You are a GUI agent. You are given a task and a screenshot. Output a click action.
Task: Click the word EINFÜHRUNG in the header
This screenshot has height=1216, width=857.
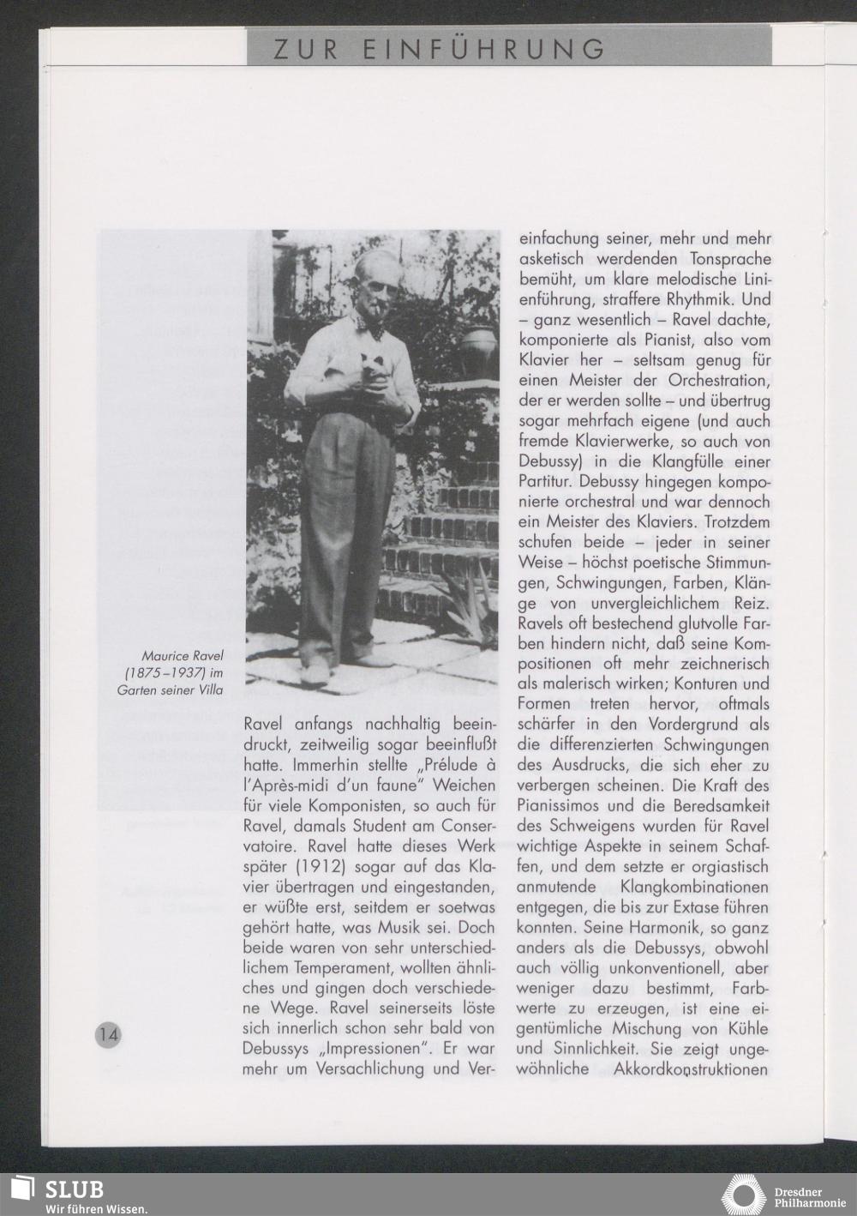point(483,49)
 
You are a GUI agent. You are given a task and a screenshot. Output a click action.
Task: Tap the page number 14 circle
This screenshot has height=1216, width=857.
point(108,1033)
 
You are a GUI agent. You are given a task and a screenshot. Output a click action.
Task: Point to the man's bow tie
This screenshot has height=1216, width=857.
point(374,327)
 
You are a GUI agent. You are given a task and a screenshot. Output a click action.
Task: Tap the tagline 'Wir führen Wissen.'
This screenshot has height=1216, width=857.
point(97,1208)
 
